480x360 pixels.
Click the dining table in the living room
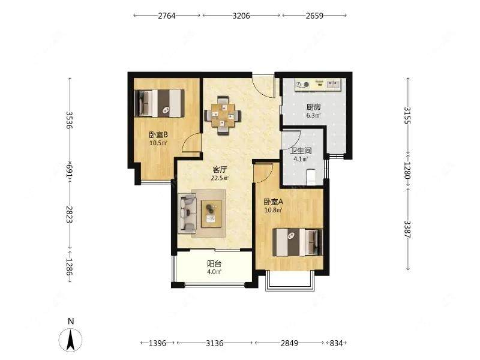(223, 116)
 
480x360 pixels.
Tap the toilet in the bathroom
(311, 177)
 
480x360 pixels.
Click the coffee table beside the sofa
(212, 214)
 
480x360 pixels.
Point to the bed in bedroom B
(160, 103)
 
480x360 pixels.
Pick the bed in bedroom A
(298, 242)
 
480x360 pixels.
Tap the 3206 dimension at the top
(241, 16)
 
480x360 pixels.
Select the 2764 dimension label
(167, 16)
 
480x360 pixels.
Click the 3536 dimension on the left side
(70, 120)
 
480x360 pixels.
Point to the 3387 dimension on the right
(408, 229)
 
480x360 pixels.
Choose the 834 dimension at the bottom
(336, 343)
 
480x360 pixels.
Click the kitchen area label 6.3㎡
(313, 115)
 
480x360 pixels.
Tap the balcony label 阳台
(214, 263)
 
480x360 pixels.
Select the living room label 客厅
(220, 170)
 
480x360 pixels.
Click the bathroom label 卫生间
(301, 151)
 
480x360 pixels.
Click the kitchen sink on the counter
(333, 84)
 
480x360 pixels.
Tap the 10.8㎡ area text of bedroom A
(273, 211)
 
